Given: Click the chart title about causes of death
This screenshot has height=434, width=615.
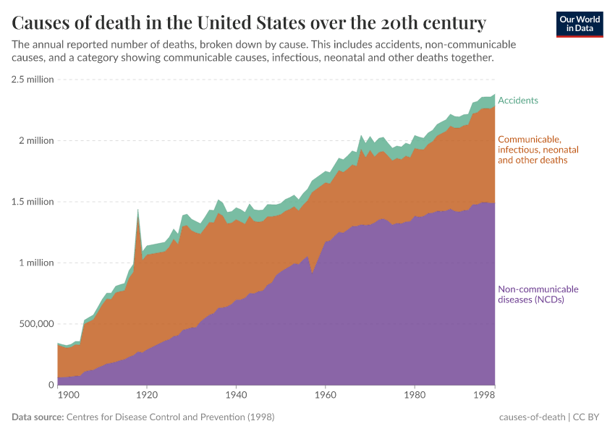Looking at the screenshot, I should pos(249,21).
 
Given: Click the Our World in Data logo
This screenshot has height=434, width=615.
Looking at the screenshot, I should pos(580,24).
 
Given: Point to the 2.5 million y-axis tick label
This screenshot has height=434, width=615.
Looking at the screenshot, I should pos(33,80).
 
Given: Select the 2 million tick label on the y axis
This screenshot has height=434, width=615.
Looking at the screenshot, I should pos(35,140).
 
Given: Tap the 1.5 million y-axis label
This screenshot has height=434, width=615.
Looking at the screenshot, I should pos(33,202).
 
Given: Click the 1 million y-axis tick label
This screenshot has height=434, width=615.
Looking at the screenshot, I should pos(35,263).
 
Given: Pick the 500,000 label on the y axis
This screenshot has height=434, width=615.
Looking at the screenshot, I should pos(35,324).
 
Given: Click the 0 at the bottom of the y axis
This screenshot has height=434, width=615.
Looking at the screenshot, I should pos(51,385).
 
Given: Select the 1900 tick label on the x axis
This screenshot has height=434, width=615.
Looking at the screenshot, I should pos(68,396).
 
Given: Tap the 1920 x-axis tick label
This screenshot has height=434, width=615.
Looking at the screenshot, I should pos(147,396).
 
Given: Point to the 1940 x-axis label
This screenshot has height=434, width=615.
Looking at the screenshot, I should pos(236,396).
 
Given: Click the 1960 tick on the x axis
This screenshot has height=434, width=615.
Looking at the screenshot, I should pos(325,396).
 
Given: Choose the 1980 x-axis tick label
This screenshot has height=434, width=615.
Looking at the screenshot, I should pos(415,396).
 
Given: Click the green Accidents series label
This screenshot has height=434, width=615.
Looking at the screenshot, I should pos(518,101).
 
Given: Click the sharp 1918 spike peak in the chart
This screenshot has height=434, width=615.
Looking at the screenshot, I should pos(137,210).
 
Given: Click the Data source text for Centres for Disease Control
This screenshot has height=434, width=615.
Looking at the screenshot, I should pos(143,417).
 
